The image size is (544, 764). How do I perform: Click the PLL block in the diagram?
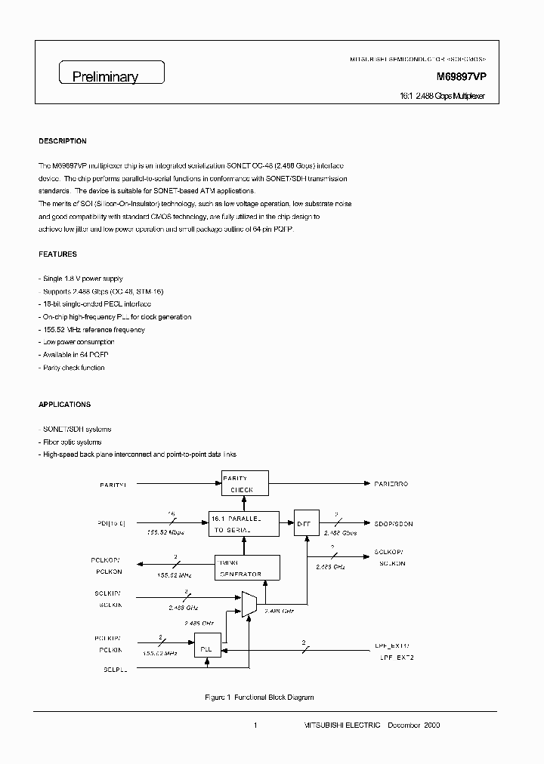coord(203,649)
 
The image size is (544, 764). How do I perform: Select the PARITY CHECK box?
coord(244,483)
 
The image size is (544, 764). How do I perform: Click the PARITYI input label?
coord(114,483)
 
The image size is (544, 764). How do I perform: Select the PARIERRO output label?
coord(391,483)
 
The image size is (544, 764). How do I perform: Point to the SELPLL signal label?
coord(115,670)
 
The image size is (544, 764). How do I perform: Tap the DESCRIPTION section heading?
coord(63,141)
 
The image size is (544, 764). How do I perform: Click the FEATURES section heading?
coord(57,254)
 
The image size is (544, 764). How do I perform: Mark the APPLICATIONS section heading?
coord(65,405)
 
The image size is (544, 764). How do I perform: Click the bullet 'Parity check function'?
coord(73,368)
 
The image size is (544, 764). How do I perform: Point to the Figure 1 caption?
coord(259,697)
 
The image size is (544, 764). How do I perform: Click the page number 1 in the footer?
coord(255,725)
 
